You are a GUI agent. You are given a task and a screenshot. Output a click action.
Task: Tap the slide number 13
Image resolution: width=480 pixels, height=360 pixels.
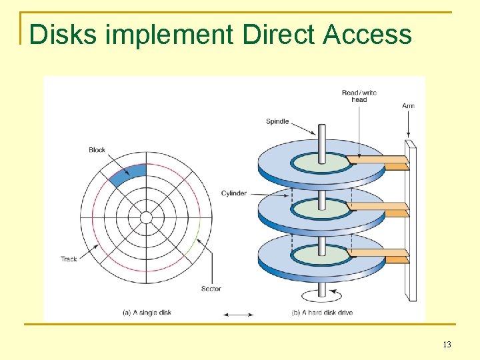(447, 345)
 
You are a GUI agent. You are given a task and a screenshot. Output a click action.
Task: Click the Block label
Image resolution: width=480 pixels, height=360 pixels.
(97, 150)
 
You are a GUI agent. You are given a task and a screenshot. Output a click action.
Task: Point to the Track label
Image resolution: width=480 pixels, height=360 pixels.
(69, 259)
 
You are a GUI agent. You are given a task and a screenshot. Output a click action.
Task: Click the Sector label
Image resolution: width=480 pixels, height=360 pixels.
(211, 289)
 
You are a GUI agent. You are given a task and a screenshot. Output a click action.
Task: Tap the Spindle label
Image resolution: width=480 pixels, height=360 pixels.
(277, 121)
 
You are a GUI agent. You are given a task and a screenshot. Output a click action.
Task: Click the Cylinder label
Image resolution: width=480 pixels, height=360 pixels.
(234, 193)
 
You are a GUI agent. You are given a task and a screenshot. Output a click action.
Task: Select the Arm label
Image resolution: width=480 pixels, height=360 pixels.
(408, 106)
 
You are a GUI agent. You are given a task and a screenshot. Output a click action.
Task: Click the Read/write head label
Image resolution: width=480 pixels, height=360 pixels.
(359, 96)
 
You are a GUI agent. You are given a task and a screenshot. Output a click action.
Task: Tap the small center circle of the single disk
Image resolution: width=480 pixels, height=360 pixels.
(146, 218)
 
